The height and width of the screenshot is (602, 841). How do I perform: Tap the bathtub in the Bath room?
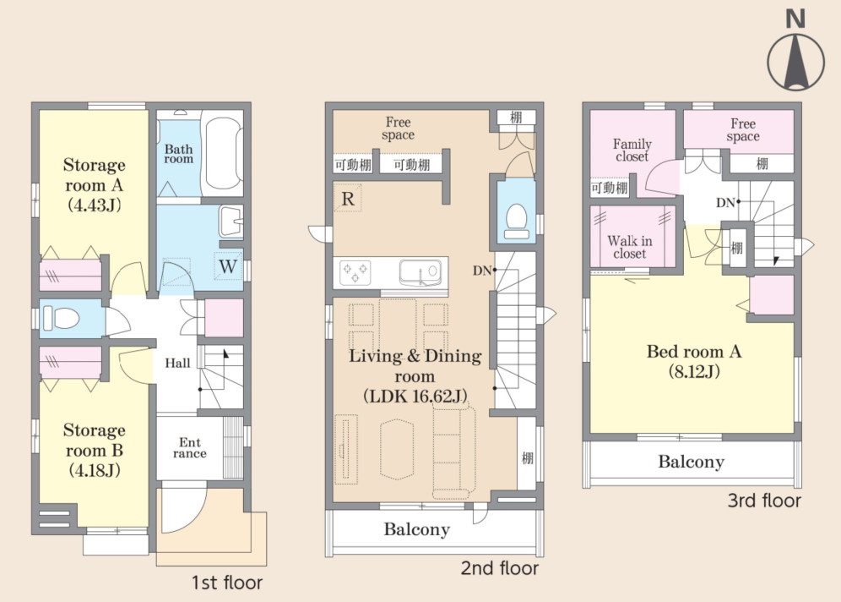(x=221, y=154)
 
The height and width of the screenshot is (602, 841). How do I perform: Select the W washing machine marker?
(x=228, y=265)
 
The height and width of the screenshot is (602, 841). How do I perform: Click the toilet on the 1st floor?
(x=61, y=318)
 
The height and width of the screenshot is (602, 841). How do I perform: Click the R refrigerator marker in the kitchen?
(x=348, y=199)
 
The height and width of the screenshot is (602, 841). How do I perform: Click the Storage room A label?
(x=94, y=184)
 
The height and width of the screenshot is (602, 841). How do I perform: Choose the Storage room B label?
(x=94, y=450)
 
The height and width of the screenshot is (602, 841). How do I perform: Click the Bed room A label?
(x=694, y=361)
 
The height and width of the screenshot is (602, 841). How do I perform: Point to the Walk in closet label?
(x=630, y=247)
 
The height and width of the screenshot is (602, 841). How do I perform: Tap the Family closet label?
(x=632, y=150)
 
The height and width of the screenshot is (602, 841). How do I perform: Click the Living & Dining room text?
(x=415, y=375)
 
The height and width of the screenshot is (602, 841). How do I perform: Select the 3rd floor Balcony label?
(x=691, y=462)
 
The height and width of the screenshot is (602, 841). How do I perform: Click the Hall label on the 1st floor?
(x=177, y=363)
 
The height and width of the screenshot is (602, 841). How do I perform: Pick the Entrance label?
(x=189, y=448)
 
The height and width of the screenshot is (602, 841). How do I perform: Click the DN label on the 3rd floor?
(x=725, y=202)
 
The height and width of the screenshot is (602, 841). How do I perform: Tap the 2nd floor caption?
(x=499, y=567)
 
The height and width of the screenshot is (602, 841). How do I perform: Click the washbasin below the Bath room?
(x=231, y=222)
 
